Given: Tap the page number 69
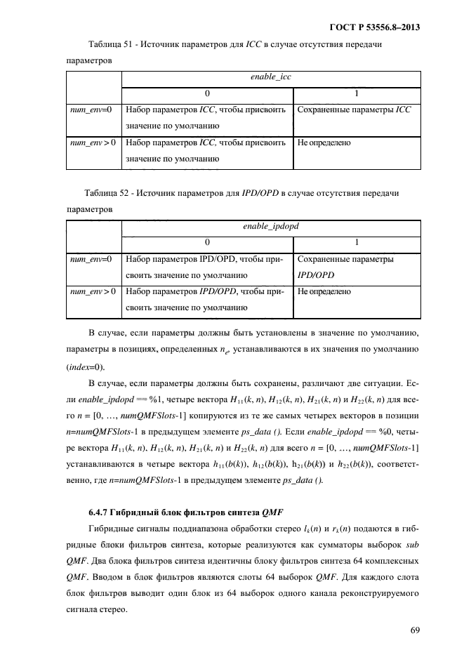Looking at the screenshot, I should [415, 630].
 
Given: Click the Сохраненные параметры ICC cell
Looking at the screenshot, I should [354, 109].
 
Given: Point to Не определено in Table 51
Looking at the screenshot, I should [324, 142].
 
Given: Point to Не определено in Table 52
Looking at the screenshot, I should [324, 291].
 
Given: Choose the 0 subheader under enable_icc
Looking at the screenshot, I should [207, 93].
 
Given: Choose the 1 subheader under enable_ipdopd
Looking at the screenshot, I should [357, 242].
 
